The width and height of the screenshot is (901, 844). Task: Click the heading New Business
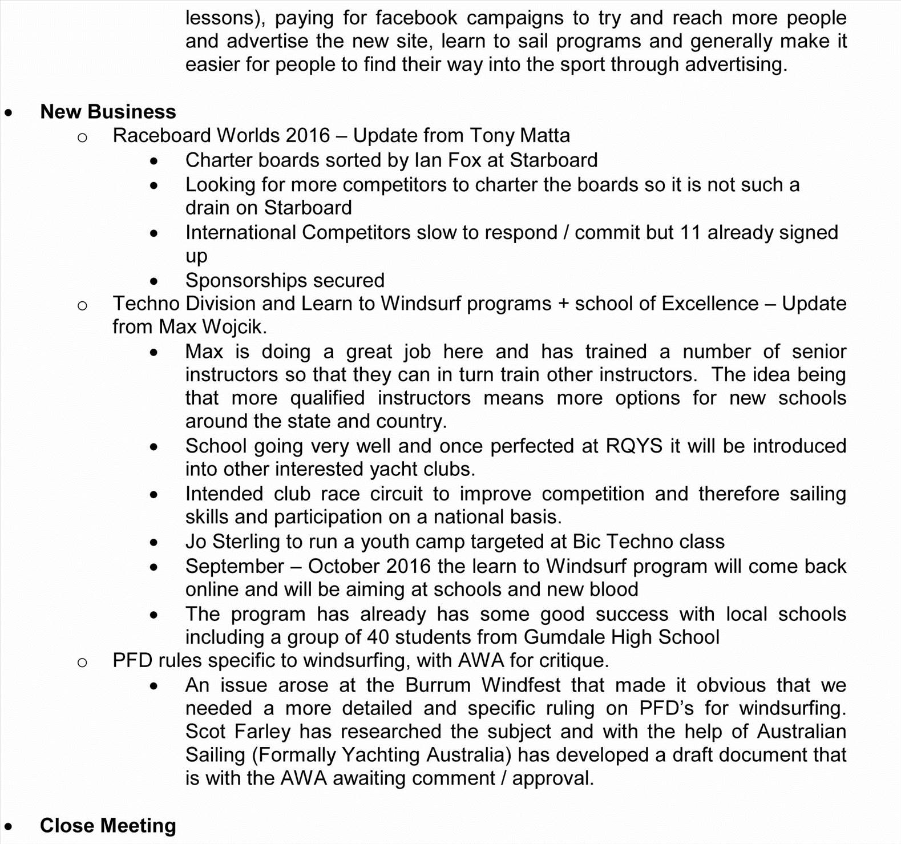(x=108, y=111)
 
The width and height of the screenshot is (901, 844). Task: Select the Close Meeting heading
(x=108, y=825)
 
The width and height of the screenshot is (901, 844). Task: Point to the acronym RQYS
(x=634, y=446)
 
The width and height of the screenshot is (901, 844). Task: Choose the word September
(x=235, y=566)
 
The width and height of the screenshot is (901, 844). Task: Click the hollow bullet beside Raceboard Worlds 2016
(x=82, y=137)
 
